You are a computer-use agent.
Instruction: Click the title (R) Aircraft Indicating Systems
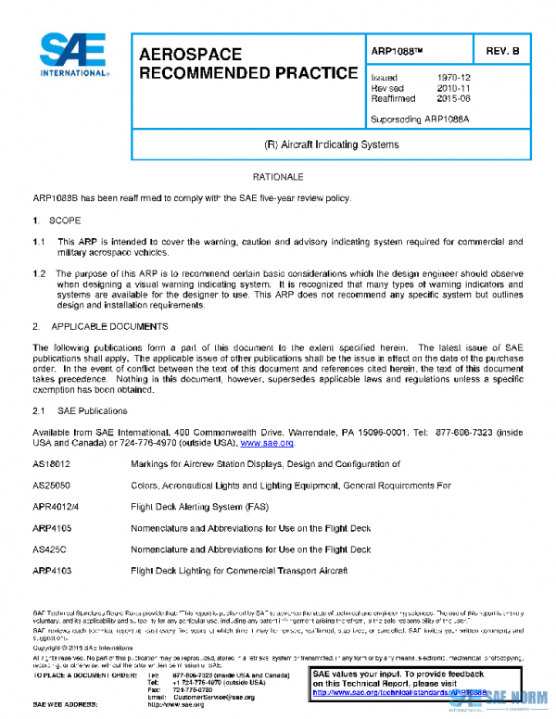(x=332, y=145)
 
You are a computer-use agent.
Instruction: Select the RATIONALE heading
(x=278, y=176)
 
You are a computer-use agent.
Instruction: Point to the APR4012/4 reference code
(x=56, y=507)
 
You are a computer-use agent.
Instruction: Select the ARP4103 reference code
(x=52, y=571)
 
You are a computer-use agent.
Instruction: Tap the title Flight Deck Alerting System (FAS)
(x=199, y=507)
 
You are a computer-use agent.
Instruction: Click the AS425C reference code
(x=51, y=549)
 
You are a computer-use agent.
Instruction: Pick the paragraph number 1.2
(x=39, y=273)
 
